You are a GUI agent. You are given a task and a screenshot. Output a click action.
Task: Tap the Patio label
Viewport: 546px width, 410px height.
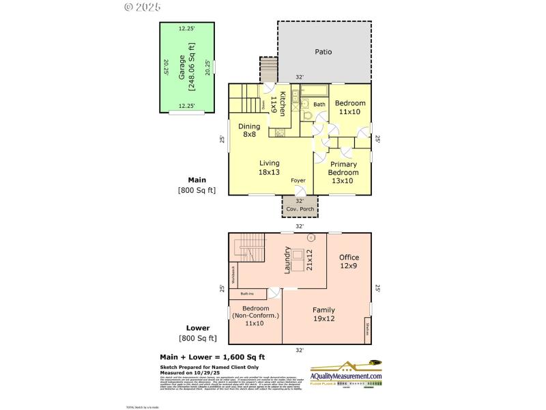(324, 51)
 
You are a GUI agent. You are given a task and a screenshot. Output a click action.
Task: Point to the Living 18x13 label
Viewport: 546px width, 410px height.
(270, 167)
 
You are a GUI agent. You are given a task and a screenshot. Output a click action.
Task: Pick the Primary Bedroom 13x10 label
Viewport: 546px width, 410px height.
(343, 172)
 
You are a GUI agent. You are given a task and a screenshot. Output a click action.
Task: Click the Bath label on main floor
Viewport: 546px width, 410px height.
(319, 105)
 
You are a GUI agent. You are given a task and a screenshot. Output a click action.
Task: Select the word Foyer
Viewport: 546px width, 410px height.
(298, 180)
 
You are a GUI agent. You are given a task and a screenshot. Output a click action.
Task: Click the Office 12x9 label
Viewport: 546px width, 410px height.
(349, 261)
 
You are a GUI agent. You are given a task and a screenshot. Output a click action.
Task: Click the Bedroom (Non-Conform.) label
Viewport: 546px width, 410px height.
(255, 316)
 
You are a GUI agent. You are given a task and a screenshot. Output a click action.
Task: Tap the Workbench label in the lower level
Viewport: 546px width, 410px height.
(233, 274)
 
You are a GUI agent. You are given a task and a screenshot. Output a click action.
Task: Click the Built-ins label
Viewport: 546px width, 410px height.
(247, 294)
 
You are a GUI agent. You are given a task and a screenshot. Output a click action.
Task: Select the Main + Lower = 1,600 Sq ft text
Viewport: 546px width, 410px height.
(212, 357)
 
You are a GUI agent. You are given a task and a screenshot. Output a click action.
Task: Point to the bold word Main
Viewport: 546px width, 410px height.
(197, 180)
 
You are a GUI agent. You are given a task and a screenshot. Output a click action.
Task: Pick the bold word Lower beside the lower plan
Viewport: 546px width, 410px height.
(198, 328)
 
